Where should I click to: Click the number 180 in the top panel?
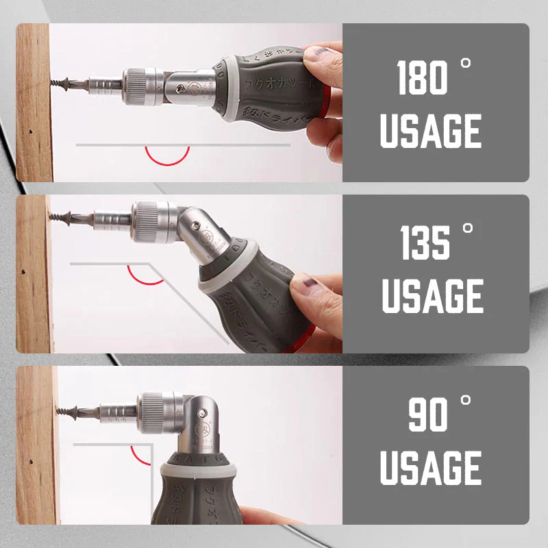423,79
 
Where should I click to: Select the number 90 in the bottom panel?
428,414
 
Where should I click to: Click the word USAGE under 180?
431,132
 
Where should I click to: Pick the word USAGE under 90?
431,467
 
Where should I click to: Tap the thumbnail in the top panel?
317,54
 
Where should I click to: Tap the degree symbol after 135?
468,229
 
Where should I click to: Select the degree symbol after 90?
466,400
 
